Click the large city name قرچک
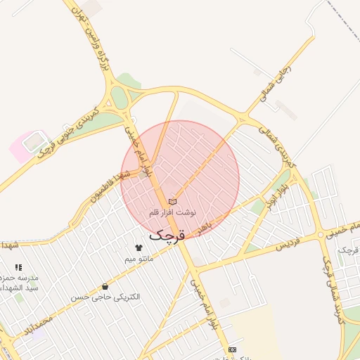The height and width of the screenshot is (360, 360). [x=167, y=234]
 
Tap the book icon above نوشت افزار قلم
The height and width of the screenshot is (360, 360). [x=172, y=202]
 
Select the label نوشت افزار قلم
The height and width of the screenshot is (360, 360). [x=173, y=212]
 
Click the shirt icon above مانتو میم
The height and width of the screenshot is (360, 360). [x=139, y=247]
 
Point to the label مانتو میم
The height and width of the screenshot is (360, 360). [x=139, y=258]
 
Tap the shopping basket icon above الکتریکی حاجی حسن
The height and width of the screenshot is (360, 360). [x=105, y=286]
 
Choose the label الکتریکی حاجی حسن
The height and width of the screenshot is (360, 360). [x=105, y=297]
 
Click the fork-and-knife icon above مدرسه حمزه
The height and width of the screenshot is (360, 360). [x=18, y=267]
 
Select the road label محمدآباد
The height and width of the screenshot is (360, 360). [x=37, y=325]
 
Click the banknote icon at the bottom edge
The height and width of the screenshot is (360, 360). [x=232, y=350]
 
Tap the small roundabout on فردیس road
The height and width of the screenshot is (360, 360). [x=321, y=234]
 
